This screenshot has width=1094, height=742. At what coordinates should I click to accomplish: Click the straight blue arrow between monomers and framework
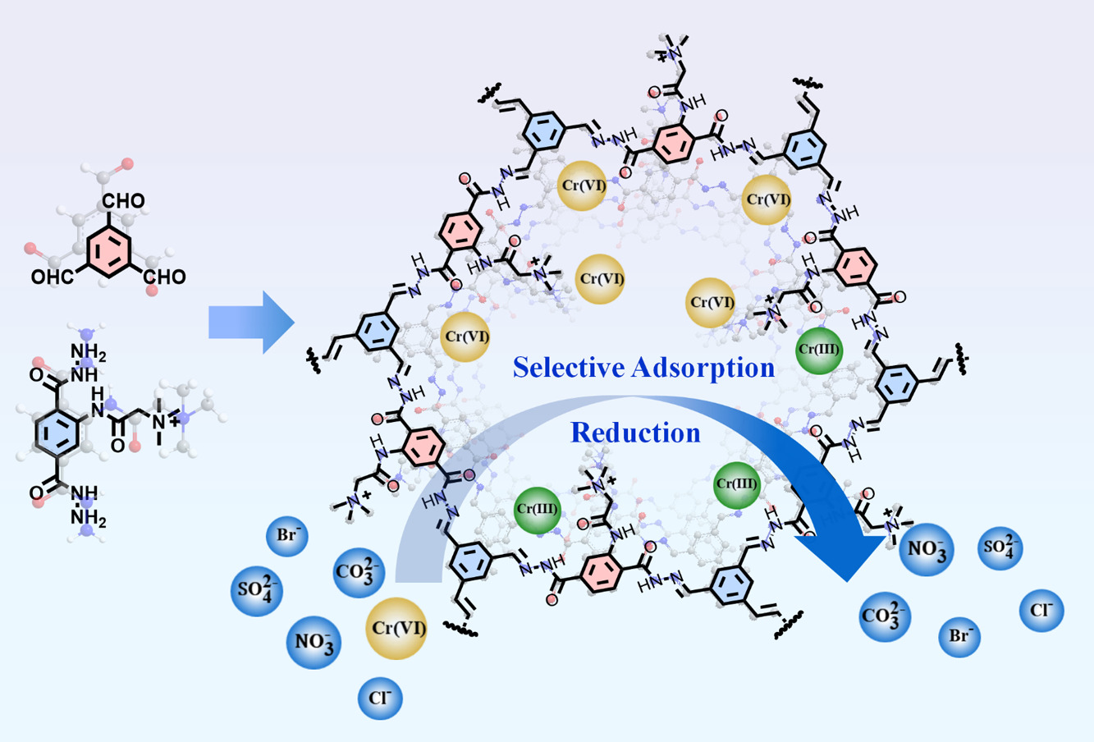251,322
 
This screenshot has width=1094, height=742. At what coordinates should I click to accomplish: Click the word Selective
568,367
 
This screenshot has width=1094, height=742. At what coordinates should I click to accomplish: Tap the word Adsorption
703,369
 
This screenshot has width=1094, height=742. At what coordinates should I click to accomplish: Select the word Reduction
635,433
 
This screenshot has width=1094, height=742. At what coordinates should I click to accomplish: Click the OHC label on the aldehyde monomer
53,277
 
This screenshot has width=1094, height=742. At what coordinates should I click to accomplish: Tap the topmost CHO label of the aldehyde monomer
123,200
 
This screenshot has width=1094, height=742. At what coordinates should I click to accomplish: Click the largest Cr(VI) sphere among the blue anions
396,628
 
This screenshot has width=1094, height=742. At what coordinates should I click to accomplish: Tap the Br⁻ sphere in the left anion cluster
286,536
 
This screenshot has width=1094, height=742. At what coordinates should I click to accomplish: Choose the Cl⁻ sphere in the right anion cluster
1041,611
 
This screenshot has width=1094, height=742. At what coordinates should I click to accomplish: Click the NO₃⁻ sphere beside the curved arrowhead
927,549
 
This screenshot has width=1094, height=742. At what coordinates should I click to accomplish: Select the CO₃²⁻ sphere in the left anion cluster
359,572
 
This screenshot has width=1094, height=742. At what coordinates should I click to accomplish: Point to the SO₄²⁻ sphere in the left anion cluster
257,591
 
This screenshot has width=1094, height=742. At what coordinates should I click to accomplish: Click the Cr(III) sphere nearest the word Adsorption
819,350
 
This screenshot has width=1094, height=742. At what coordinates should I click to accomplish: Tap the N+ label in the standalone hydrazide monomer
165,420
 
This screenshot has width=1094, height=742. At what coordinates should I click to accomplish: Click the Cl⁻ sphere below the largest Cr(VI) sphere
380,698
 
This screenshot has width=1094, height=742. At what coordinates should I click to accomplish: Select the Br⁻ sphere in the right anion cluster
959,636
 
